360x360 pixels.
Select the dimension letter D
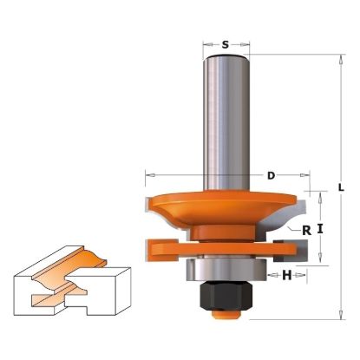click(270, 176)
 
